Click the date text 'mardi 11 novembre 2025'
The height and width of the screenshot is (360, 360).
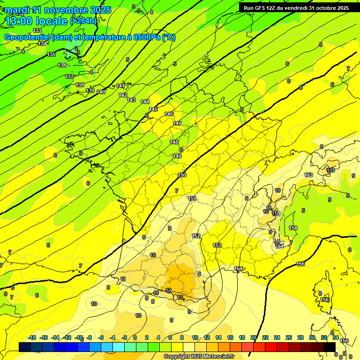tap(58, 10)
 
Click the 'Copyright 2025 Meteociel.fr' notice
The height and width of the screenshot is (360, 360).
tap(199, 357)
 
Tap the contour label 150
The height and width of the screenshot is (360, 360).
tap(182, 175)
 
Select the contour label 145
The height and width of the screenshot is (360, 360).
tap(153, 109)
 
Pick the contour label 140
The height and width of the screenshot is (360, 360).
tap(101, 92)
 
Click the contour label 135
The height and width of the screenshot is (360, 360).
tap(51, 55)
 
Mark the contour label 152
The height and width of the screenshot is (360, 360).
tap(196, 236)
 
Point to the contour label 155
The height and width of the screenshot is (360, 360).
tap(300, 264)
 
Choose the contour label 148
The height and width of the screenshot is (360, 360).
tap(174, 142)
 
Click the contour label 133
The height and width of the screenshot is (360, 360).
tap(37, 30)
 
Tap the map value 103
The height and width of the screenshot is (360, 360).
tap(331, 170)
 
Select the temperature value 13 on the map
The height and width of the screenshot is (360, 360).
tap(180, 297)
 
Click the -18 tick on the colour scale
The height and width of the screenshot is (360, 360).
tap(32, 337)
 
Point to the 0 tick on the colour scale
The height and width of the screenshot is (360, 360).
tap(135, 337)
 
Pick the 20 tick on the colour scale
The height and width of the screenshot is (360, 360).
tap(254, 337)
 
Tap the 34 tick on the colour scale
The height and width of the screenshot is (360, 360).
tap(336, 337)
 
